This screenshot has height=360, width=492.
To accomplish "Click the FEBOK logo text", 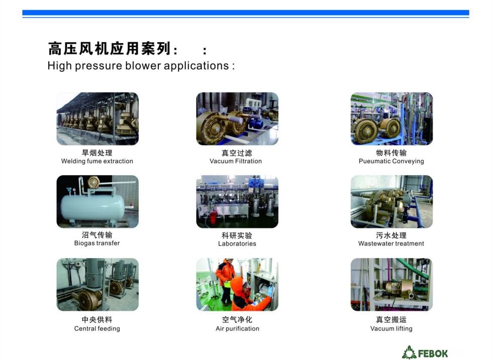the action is (433, 353).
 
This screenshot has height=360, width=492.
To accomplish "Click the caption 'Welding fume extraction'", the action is (97, 161).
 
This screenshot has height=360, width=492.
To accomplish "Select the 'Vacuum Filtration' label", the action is (236, 161).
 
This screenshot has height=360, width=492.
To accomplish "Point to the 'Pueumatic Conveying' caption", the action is (391, 161).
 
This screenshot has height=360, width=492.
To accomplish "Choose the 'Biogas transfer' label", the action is (97, 243).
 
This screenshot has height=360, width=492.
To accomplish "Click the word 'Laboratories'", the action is (237, 244).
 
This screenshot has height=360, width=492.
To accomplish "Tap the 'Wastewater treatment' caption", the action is (391, 244).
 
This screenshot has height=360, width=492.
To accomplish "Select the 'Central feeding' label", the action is (97, 329).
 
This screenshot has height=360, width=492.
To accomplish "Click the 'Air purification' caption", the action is (238, 329).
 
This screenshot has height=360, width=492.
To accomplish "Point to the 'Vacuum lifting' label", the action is (391, 329).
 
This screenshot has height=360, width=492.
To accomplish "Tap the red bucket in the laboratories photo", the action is (213, 217).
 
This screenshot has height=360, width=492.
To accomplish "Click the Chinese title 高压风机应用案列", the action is (110, 49).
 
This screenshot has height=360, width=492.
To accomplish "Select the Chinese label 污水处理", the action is (391, 235).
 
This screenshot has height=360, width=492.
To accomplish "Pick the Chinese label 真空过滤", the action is (237, 153).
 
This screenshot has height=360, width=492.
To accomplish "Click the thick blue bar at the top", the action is (246, 13).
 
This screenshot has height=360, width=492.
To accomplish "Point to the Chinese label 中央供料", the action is (97, 319).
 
